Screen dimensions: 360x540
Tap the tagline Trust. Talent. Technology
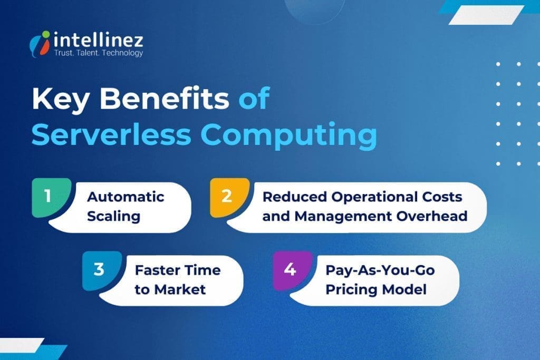[x=98, y=53]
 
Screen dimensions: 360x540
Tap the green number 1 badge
[x=48, y=196]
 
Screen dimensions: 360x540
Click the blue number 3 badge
[x=99, y=270]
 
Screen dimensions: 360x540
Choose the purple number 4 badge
[x=288, y=270]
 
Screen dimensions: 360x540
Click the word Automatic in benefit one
[x=126, y=197]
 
